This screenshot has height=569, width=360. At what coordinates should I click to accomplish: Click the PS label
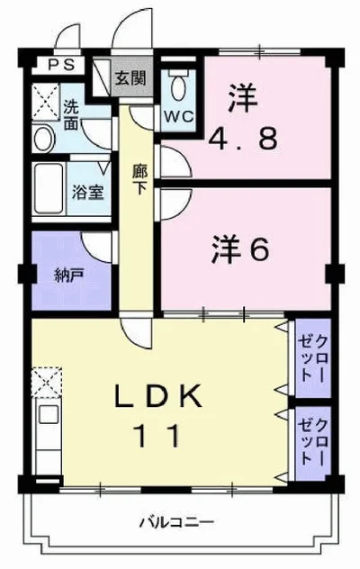[x=61, y=65]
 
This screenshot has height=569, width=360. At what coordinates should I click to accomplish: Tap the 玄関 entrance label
[x=130, y=77]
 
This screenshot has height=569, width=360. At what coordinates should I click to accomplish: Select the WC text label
[x=178, y=116]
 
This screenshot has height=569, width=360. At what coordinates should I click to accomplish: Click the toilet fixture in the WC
[x=178, y=86]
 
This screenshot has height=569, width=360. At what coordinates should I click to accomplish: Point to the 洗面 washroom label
[x=71, y=114]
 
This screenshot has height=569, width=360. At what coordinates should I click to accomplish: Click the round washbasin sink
[x=44, y=139]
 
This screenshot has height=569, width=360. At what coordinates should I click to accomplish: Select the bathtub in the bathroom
[x=49, y=189]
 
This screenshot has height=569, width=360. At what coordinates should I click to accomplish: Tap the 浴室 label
[x=88, y=192]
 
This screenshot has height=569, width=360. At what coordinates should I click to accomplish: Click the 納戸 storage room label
[x=69, y=275]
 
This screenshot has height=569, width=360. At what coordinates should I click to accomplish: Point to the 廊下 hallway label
[x=139, y=179]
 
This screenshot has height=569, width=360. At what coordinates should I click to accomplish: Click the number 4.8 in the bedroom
[x=244, y=138]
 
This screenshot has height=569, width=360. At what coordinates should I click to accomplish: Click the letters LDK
[x=157, y=396]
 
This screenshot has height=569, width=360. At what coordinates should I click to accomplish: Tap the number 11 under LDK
[x=157, y=436]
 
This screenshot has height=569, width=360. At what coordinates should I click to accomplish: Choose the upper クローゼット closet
[x=313, y=357]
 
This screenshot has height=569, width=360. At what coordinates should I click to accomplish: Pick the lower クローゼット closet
[x=313, y=444]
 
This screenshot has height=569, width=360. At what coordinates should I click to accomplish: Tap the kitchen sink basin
[x=49, y=414]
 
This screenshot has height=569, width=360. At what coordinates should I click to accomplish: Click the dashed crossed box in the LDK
[x=47, y=382]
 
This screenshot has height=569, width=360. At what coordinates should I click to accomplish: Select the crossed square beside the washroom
[x=46, y=102]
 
